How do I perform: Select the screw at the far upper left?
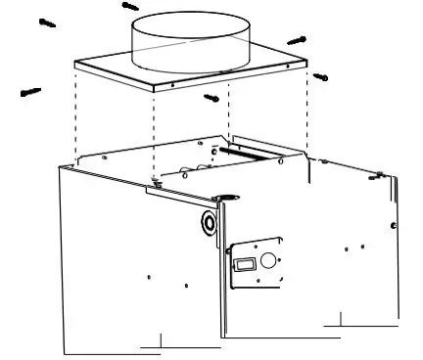tap(44, 21)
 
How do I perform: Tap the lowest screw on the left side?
tap(30, 93)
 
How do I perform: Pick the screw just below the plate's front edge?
tap(211, 97)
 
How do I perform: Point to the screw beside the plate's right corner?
tap(319, 76)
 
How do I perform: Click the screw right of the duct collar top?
tap(297, 40)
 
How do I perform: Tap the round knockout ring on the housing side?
tap(209, 222)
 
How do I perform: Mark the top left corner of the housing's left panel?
tap(59, 165)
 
